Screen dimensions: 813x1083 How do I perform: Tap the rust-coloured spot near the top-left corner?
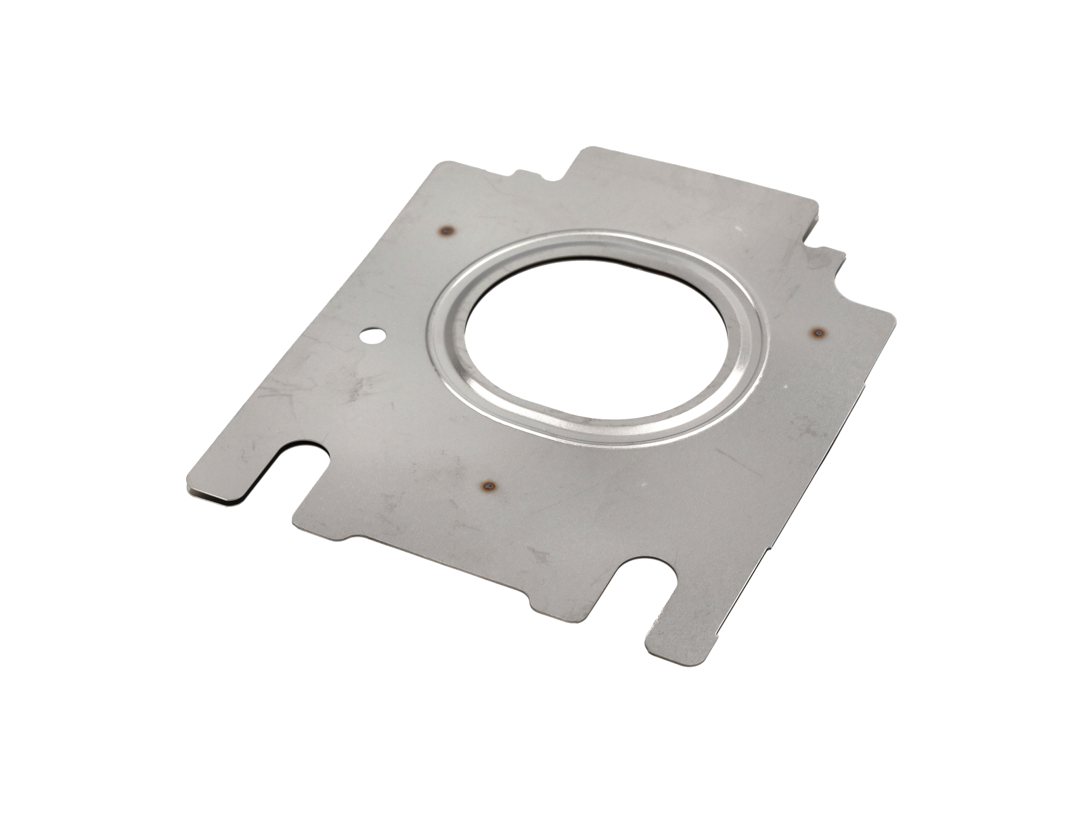pos(446,232)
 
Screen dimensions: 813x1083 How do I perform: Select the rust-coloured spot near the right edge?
pos(819,333)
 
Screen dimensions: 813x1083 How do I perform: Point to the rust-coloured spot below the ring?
pos(488,486)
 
